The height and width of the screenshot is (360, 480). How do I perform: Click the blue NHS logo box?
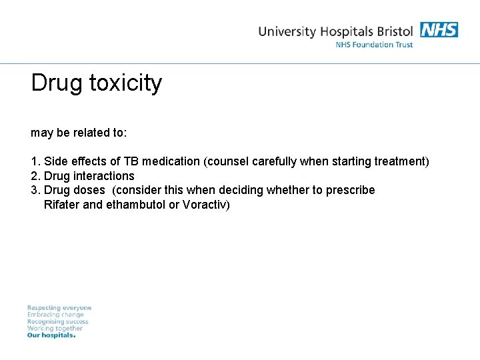(439, 30)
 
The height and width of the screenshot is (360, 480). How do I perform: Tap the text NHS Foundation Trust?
(374, 45)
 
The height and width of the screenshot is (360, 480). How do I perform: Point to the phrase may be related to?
(79, 133)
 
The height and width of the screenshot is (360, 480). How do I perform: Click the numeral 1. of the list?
(35, 161)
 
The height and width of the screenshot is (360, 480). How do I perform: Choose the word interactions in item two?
(103, 176)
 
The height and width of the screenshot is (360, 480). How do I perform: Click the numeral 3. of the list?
(35, 190)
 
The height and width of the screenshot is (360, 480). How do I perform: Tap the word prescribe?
(351, 190)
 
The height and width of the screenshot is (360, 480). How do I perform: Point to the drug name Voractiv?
(205, 205)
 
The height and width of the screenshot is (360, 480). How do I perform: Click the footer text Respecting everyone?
(59, 308)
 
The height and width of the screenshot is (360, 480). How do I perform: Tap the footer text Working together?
(55, 328)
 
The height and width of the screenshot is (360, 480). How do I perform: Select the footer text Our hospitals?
(51, 335)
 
